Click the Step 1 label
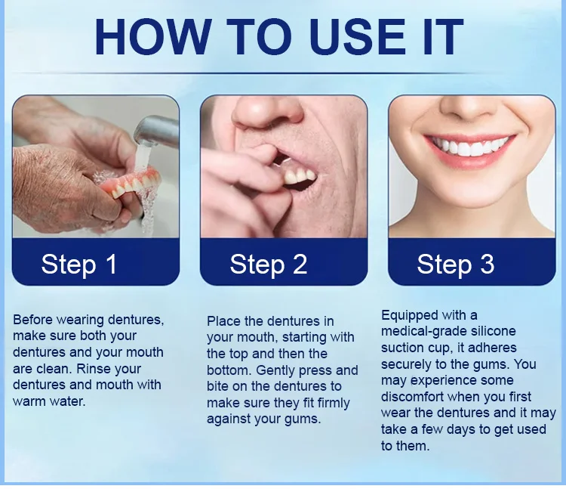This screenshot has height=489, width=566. tap(79, 265)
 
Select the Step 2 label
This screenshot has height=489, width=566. tap(268, 265)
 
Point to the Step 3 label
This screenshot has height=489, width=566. tap(456, 265)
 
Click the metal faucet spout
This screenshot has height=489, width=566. tap(156, 131)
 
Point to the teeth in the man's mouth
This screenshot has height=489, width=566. tap(300, 176)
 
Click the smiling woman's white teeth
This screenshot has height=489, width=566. tap(470, 147)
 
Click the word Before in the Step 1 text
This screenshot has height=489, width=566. tap(33, 320)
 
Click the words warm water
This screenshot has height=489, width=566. tap(49, 401)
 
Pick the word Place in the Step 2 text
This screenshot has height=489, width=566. tap(224, 321)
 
